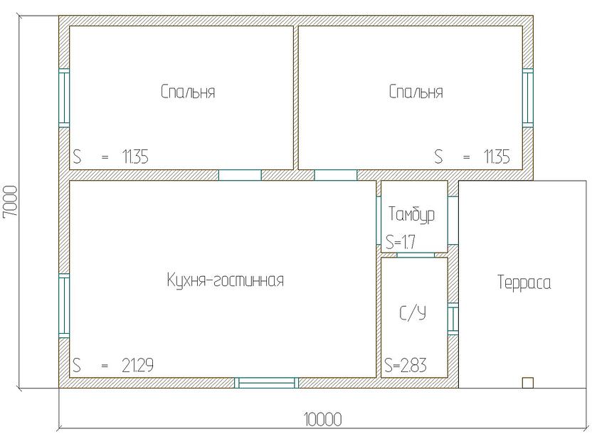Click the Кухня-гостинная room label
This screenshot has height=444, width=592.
click(x=226, y=280)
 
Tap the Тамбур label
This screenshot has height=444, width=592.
click(x=411, y=214)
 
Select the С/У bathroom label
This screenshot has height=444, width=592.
click(x=413, y=313)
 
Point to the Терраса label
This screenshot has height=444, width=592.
click(x=524, y=282)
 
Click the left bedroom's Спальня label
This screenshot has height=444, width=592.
click(x=188, y=92)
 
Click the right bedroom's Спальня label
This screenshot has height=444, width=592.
click(x=416, y=92)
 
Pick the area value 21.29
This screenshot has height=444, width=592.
click(x=137, y=365)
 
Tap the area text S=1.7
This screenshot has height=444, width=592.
click(x=401, y=242)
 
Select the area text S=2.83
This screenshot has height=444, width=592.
click(x=406, y=365)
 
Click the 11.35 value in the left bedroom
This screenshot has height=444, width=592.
click(x=135, y=157)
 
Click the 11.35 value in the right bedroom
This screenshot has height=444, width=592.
click(x=497, y=157)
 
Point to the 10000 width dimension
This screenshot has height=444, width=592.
click(x=323, y=420)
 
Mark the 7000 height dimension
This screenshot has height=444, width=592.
click(x=10, y=201)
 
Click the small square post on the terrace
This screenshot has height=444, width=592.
click(x=528, y=383)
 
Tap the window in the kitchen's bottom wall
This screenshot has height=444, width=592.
click(x=267, y=383)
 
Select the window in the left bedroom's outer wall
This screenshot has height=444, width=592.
click(x=64, y=98)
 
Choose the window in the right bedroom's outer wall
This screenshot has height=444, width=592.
click(x=528, y=98)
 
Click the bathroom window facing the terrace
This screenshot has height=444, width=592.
click(x=453, y=319)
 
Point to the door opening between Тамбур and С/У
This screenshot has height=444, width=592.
click(x=416, y=255)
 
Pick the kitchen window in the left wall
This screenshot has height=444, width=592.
click(x=64, y=305)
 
